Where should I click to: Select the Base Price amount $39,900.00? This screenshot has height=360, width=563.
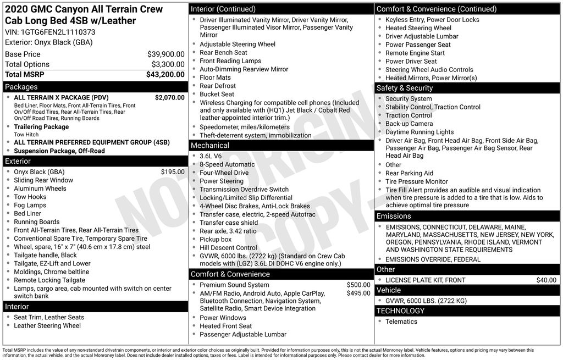165,54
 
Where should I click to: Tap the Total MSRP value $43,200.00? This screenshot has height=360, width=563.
165,74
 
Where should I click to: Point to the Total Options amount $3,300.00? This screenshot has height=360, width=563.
168,64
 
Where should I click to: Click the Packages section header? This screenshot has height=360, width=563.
21,87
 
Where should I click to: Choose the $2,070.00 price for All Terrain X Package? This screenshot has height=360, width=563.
169,97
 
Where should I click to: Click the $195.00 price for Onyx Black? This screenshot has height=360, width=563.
173,172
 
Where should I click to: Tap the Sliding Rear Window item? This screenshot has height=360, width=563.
43,180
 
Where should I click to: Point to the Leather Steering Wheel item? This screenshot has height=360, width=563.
47,325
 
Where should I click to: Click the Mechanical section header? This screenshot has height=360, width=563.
209,146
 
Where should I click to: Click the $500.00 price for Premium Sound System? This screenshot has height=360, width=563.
358,285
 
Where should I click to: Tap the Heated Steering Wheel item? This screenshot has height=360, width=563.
418,28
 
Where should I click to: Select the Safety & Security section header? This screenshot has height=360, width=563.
405,88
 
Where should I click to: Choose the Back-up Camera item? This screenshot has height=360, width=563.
409,124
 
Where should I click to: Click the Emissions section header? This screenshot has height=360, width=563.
394,216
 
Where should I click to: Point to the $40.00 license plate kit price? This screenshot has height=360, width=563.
546,280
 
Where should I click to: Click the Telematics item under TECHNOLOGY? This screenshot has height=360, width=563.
401,322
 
